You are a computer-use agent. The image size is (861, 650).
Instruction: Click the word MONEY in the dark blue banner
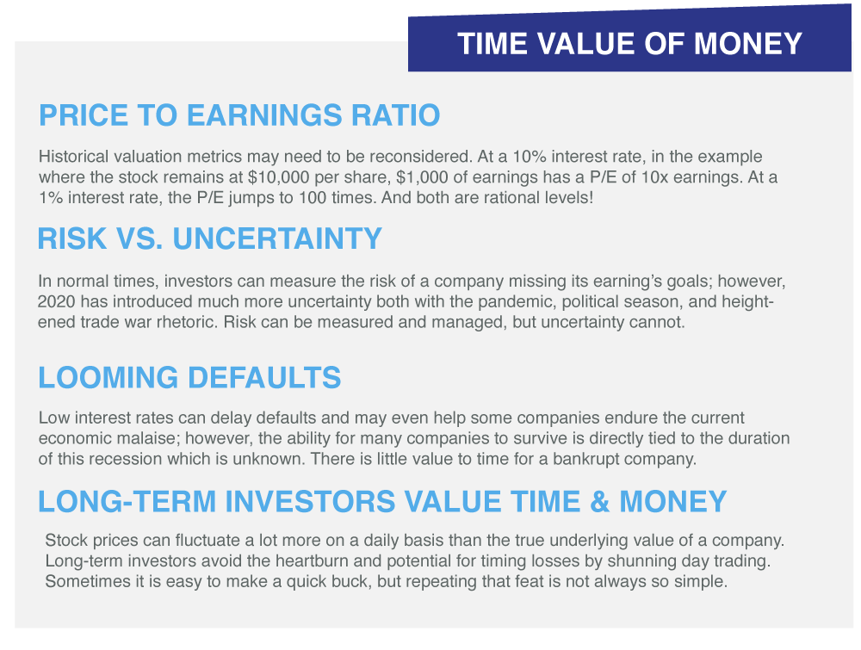[747, 44]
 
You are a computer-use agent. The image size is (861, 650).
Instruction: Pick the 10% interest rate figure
[530, 157]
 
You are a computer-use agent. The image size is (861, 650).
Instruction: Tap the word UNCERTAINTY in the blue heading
[277, 238]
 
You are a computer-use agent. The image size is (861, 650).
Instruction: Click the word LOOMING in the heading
[108, 378]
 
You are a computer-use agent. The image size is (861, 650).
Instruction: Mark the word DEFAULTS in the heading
[264, 378]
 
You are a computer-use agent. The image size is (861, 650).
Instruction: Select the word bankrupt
[587, 458]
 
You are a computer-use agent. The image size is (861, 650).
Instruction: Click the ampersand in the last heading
[599, 502]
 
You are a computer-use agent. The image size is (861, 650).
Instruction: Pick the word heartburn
[312, 560]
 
